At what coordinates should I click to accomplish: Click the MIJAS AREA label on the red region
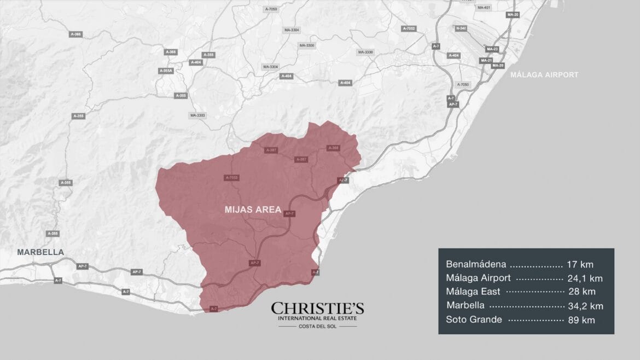point(253,210)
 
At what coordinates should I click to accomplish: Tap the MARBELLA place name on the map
point(40,252)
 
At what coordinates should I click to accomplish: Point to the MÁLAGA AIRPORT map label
point(544,75)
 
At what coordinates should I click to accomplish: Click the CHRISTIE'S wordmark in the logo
point(317,309)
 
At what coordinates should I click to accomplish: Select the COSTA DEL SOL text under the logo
point(317,327)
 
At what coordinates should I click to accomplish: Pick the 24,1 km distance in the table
point(585,278)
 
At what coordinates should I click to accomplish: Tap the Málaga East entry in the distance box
point(473,292)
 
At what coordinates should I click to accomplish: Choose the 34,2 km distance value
point(585,306)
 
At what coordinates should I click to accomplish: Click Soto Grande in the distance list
point(474,320)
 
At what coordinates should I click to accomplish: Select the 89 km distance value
point(581,320)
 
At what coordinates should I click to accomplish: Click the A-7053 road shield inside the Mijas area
point(231,177)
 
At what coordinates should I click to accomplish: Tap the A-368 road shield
point(333,148)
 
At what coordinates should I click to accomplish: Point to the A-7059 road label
point(270,9)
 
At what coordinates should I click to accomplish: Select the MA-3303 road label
point(197,115)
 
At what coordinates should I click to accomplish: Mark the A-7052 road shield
point(409,28)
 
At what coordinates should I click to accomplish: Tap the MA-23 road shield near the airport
point(492,49)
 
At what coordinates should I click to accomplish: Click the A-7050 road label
point(463,85)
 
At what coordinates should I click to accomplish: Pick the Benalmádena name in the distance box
point(476,265)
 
